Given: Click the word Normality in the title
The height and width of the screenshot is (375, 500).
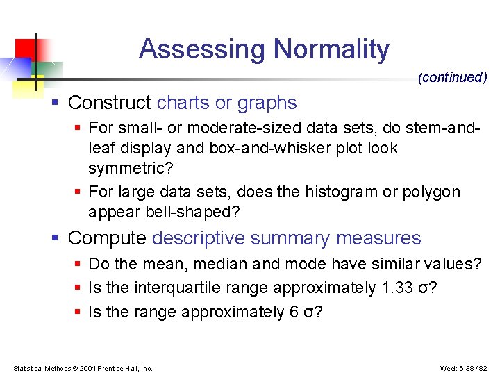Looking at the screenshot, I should [x=331, y=49].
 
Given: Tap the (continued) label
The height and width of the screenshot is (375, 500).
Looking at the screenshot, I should [x=452, y=78].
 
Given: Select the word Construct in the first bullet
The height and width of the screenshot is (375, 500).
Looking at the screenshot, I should [x=110, y=103].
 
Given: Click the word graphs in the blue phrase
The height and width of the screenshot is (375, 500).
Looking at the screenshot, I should [x=267, y=103].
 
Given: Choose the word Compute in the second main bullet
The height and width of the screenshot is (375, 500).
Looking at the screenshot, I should [x=108, y=238].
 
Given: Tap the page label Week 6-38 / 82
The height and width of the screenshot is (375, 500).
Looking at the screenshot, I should [x=464, y=368].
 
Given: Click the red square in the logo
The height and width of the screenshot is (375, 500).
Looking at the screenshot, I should [x=24, y=48].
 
